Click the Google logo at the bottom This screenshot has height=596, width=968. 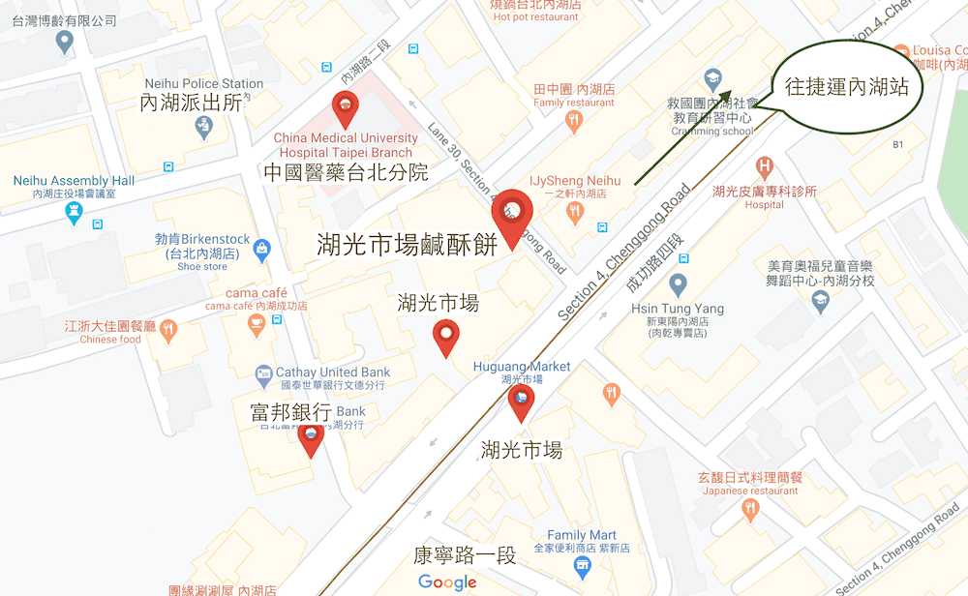[x=447, y=581]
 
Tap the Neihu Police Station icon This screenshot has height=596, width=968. [x=203, y=127]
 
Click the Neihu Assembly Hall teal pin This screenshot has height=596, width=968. [x=75, y=212]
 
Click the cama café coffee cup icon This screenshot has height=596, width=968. [x=257, y=324]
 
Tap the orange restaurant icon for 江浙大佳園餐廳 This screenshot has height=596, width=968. [x=170, y=329]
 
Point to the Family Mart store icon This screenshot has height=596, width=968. [x=582, y=565]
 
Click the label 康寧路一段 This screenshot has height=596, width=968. [x=464, y=556]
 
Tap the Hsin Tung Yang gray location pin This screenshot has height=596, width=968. [x=678, y=284]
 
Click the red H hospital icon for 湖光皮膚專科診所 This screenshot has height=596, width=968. [x=765, y=166]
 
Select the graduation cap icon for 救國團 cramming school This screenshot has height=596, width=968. [x=712, y=77]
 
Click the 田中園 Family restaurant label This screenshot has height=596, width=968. [x=574, y=95]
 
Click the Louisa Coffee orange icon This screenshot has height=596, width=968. [x=902, y=51]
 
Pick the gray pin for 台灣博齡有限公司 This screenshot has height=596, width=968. [x=65, y=41]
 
